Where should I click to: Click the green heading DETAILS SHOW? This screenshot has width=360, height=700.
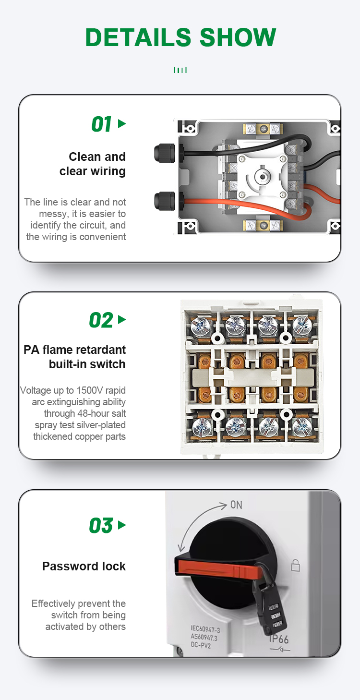(x=180, y=37)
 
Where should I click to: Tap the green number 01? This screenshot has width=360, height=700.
(x=101, y=124)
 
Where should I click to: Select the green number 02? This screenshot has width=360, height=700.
(x=101, y=320)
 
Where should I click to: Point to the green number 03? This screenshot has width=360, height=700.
(x=101, y=526)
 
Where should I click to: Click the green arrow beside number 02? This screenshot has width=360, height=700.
(x=122, y=319)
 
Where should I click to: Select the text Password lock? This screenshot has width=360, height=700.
(x=84, y=566)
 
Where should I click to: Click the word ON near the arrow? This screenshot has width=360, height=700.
(x=236, y=505)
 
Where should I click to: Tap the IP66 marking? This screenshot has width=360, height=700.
(x=278, y=639)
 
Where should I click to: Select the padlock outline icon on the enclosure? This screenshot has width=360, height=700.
(x=295, y=565)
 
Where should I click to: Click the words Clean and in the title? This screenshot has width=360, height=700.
(x=97, y=157)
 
